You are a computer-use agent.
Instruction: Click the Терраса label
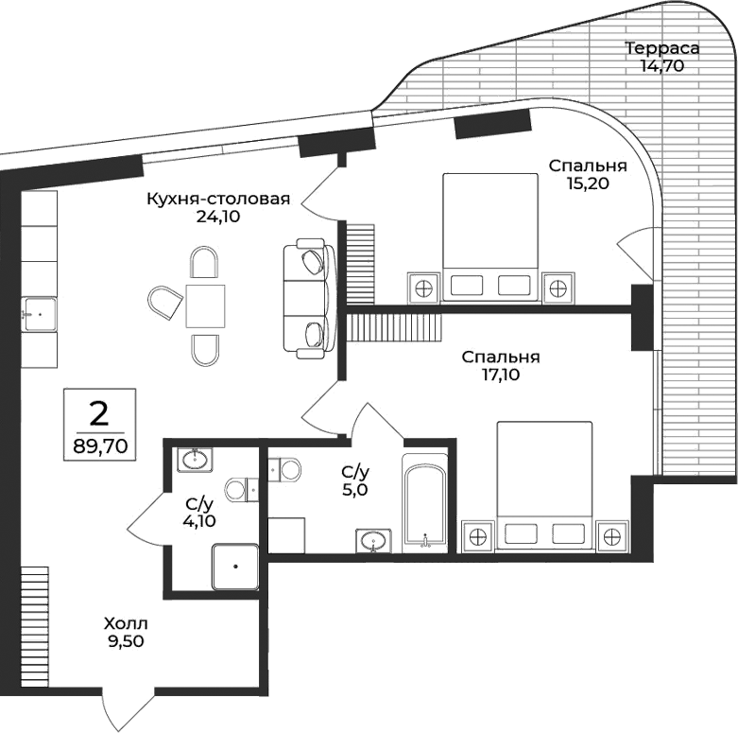tap(661, 48)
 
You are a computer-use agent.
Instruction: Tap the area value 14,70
tap(661, 66)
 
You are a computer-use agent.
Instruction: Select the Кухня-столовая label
tap(217, 200)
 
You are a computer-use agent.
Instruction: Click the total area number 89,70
tap(99, 443)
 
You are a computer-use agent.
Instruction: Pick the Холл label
tap(126, 623)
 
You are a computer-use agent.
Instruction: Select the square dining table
tap(205, 305)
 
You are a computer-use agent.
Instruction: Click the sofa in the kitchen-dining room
tap(309, 299)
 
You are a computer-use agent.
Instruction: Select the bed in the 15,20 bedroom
tap(489, 236)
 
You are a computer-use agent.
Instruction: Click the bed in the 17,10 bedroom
tap(544, 483)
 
